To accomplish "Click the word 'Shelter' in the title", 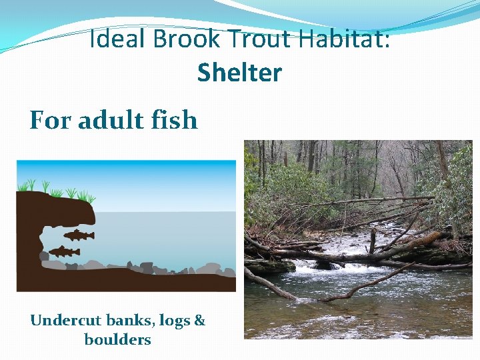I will [x=239, y=73].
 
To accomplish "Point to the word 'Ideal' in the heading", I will [x=118, y=40].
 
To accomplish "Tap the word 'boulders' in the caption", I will [x=118, y=339].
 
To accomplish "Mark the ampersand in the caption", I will [x=199, y=321].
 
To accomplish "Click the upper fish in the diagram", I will [x=79, y=235].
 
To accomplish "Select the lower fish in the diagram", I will [x=65, y=251].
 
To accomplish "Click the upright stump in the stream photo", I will [x=372, y=240].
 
